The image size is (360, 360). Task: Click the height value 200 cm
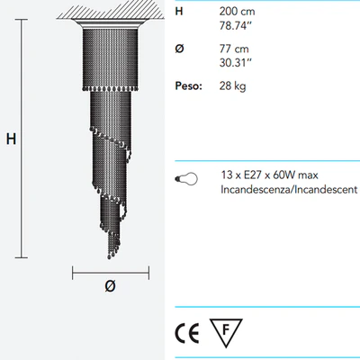(237, 12)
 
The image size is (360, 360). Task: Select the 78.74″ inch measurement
(235, 26)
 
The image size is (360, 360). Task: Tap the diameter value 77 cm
(234, 49)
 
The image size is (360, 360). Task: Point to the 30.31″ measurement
(236, 63)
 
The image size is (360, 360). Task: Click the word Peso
(189, 86)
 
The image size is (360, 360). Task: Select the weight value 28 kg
(232, 86)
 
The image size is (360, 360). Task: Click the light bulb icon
(186, 179)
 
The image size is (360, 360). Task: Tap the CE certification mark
(187, 333)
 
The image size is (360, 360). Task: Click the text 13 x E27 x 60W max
(269, 175)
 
